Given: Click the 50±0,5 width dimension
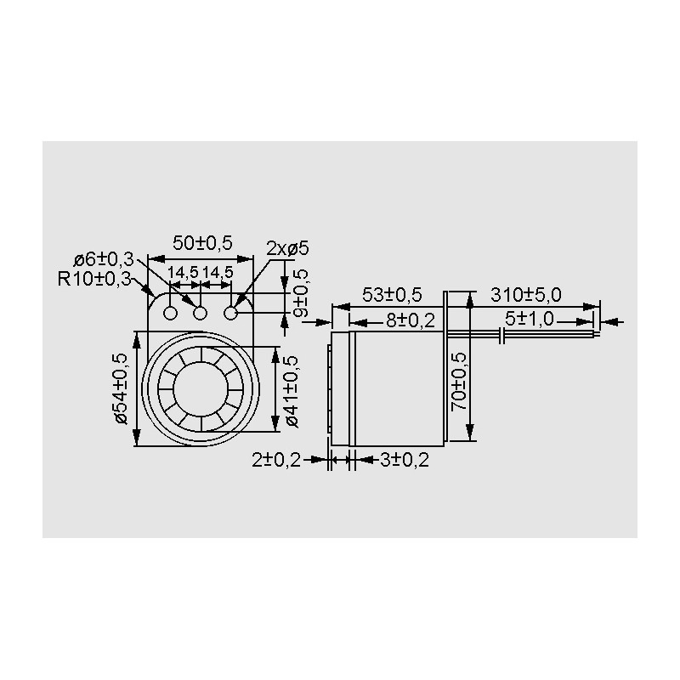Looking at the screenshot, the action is pyautogui.click(x=202, y=243).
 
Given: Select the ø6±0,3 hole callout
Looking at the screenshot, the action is pyautogui.click(x=104, y=260).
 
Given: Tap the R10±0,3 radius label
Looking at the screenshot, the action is pyautogui.click(x=94, y=279).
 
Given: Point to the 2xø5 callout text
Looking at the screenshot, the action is pyautogui.click(x=287, y=249).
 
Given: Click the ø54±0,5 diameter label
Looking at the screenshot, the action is pyautogui.click(x=121, y=388).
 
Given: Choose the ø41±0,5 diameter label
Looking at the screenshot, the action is pyautogui.click(x=292, y=391).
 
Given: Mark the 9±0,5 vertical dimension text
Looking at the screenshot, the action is pyautogui.click(x=301, y=293).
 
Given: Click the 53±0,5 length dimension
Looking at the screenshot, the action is pyautogui.click(x=392, y=295).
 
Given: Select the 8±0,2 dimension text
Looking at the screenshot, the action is pyautogui.click(x=411, y=321).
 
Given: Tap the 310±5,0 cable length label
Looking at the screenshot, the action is pyautogui.click(x=525, y=295).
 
